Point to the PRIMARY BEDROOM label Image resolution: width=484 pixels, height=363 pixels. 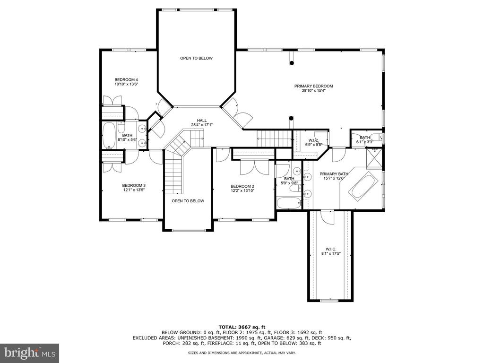tap(314, 86)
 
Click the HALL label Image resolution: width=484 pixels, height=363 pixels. tap(202, 121)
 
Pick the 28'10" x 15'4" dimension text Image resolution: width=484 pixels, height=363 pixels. tap(314, 91)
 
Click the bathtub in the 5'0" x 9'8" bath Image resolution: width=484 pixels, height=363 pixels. tap(289, 204)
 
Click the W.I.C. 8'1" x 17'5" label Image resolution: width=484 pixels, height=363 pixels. tap(331, 251)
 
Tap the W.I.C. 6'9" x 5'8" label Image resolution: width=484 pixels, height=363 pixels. tap(314, 142)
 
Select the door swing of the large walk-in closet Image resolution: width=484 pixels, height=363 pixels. tap(327, 217)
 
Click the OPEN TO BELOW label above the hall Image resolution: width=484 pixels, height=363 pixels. tap(196, 58)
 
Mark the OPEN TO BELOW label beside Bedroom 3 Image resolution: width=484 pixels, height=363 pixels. tap(188, 201)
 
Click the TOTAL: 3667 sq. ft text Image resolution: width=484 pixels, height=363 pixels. tap(242, 327)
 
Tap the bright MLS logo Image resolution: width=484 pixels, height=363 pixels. tap(30, 353)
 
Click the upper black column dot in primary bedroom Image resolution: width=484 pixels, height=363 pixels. tap(292, 63)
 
